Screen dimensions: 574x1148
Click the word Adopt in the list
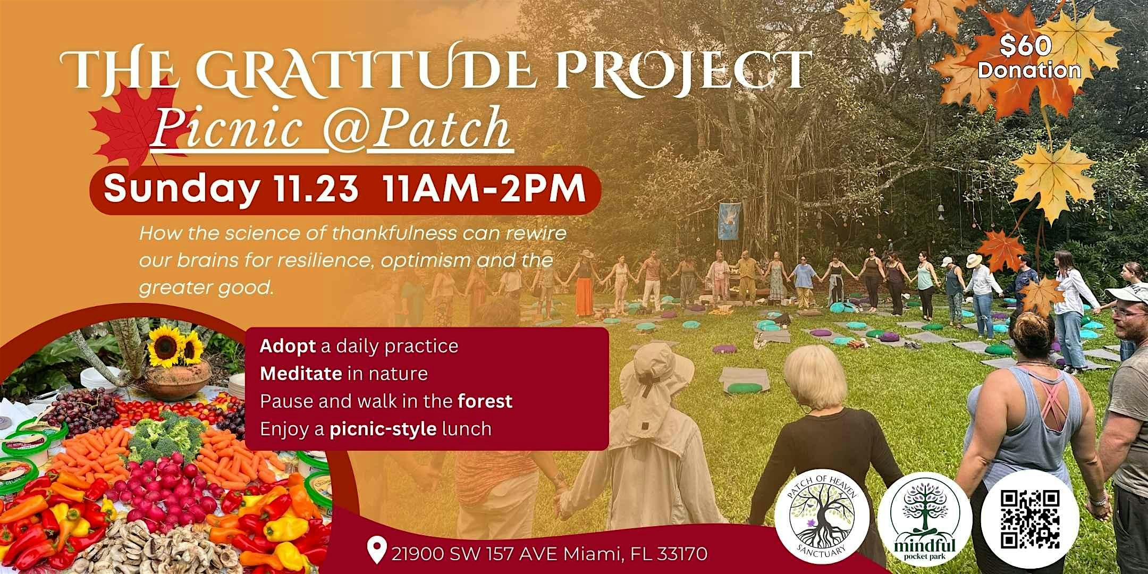pyautogui.click(x=288, y=346)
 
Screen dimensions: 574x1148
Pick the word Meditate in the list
pyautogui.click(x=301, y=374)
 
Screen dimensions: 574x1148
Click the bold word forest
pyautogui.click(x=485, y=401)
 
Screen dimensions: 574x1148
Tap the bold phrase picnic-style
pyautogui.click(x=382, y=428)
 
